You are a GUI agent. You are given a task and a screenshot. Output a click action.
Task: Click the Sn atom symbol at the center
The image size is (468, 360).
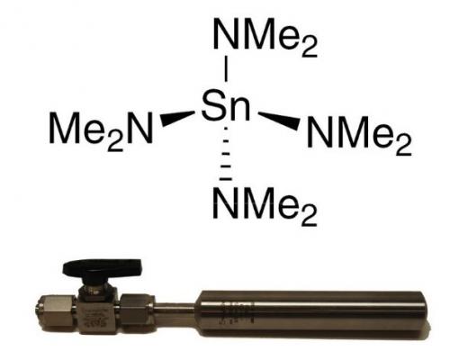pos(226,105)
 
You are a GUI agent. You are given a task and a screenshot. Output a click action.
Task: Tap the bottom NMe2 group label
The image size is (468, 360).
pos(265,205)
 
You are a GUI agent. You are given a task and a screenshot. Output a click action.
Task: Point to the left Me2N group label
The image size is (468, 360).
pos(101,130)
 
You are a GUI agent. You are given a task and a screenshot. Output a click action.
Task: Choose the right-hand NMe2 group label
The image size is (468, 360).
pos(359,134)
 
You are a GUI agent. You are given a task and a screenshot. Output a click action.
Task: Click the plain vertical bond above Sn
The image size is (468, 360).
pos(226,70)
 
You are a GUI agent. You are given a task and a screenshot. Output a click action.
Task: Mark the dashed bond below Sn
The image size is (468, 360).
pos(226,154)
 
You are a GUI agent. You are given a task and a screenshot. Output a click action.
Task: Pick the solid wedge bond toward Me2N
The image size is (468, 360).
pos(177,118)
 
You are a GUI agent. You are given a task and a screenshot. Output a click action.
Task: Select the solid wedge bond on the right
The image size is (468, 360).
pos(279,121)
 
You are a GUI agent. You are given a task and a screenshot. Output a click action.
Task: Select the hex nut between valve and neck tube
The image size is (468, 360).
pos(138,309)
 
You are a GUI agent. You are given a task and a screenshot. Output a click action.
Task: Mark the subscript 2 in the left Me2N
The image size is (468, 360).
pos(115,141)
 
